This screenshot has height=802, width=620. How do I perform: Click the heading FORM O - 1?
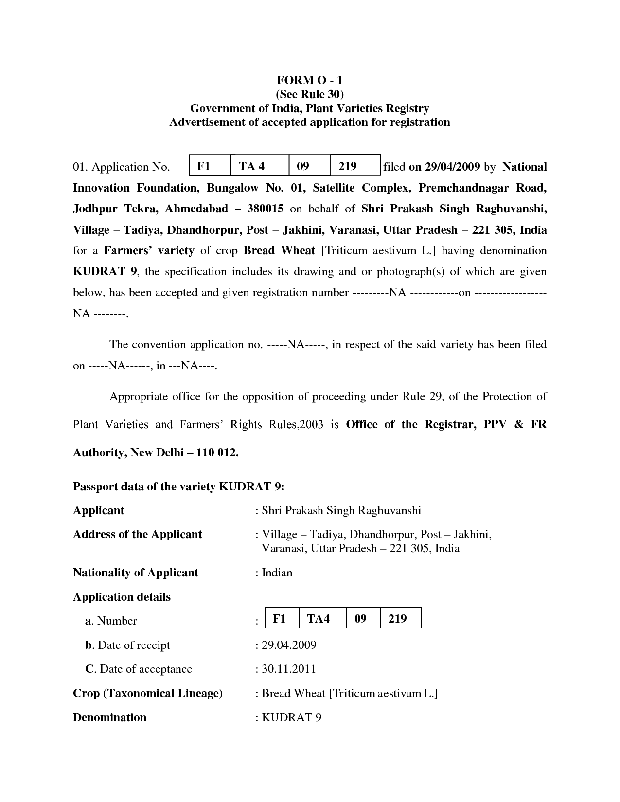[310, 80]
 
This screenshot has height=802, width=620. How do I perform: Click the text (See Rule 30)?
[310, 94]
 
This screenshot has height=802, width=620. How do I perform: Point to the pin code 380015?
[265, 209]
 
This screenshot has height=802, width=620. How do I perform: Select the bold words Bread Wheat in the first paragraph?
[279, 250]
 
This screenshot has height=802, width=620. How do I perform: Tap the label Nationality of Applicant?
[136, 573]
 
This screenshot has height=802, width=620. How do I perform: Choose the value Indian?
[277, 573]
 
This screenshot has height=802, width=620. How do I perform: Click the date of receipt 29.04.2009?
[289, 645]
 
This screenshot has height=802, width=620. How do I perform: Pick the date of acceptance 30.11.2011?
[289, 669]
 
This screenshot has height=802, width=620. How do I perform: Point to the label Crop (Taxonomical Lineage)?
[148, 693]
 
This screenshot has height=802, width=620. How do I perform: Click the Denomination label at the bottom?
[109, 717]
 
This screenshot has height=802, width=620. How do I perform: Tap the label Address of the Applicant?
[137, 534]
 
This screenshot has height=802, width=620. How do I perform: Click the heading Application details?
[122, 597]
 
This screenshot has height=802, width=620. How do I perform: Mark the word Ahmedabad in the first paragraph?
[196, 209]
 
